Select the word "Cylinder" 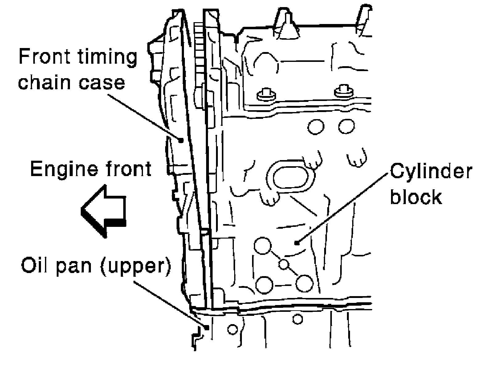431,172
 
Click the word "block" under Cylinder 416,197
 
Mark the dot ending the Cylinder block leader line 297,243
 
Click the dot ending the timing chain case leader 181,140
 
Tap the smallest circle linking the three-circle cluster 284,264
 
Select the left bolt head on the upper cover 265,95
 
